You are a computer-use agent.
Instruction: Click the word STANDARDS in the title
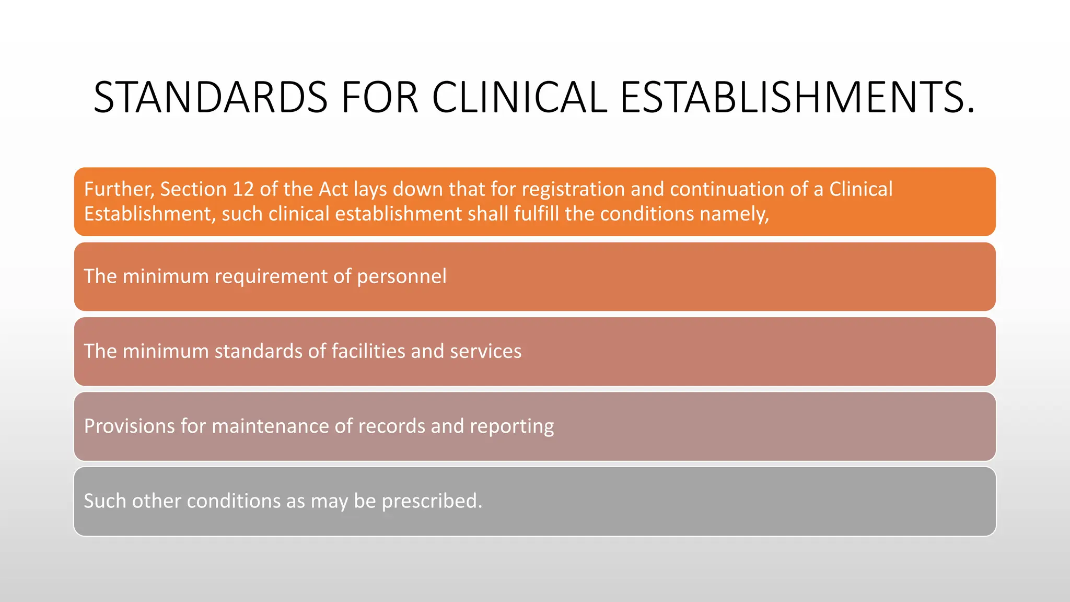coord(210,98)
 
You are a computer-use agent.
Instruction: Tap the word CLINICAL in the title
coord(519,98)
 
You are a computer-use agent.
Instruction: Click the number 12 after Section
coord(243,189)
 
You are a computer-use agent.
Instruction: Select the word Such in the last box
coord(104,501)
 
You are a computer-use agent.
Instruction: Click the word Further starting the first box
coord(119,189)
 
